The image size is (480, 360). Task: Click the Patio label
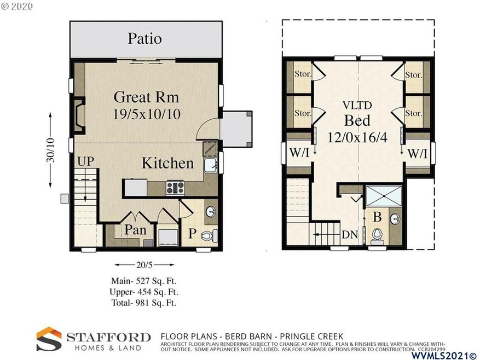pyautogui.click(x=144, y=39)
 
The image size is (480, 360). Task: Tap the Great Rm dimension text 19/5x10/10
pyautogui.click(x=147, y=114)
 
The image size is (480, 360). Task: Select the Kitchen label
pyautogui.click(x=168, y=163)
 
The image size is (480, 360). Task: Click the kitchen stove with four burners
pyautogui.click(x=175, y=187)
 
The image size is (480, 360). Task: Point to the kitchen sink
pyautogui.click(x=211, y=166)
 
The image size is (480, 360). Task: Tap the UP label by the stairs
pyautogui.click(x=85, y=161)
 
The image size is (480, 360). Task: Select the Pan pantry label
pyautogui.click(x=135, y=230)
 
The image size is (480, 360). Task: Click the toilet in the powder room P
pyautogui.click(x=209, y=235)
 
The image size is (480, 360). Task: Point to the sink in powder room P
pyautogui.click(x=211, y=211)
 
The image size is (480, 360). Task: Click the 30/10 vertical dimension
pyautogui.click(x=50, y=150)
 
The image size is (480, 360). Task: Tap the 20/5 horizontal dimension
pyautogui.click(x=144, y=264)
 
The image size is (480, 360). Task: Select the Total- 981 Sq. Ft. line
pyautogui.click(x=144, y=303)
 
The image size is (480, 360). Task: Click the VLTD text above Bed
pyautogui.click(x=357, y=105)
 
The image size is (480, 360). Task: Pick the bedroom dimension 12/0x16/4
pyautogui.click(x=357, y=137)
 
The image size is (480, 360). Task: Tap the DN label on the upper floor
pyautogui.click(x=350, y=235)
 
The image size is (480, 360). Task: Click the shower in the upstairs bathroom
pyautogui.click(x=384, y=196)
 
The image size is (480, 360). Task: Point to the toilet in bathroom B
pyautogui.click(x=377, y=236)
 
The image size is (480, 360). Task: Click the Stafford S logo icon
pyautogui.click(x=49, y=339)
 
